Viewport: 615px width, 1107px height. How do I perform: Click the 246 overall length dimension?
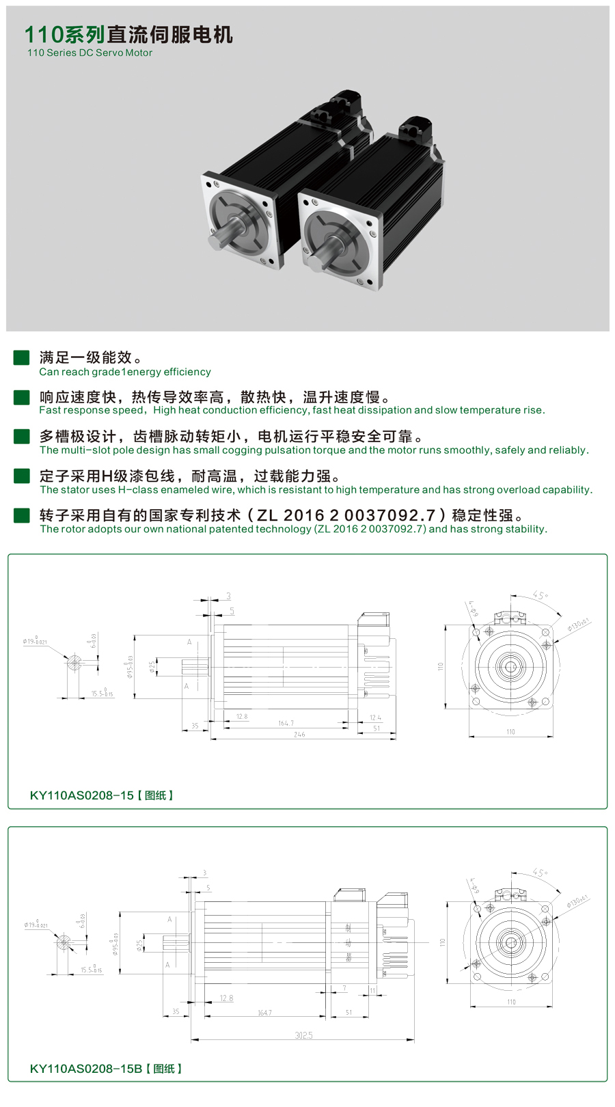299,735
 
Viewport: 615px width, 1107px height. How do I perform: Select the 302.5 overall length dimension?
303,1035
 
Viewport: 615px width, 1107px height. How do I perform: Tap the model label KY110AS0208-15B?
86,1069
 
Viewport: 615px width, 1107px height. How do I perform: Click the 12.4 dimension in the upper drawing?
375,717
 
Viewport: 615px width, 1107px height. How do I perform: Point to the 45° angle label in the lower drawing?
540,873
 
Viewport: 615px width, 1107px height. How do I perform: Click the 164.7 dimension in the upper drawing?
286,723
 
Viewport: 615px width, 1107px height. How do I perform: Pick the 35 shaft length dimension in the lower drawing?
176,1011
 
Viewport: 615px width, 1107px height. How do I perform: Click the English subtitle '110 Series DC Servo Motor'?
90,53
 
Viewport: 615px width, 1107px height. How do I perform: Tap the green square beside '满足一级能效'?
21,357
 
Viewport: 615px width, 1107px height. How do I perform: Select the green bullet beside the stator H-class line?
21,476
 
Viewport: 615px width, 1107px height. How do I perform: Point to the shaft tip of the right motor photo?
312,263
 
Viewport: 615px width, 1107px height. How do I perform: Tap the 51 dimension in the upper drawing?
377,728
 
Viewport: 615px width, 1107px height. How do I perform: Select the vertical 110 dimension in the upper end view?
441,666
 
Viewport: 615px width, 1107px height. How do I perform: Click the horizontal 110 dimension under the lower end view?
511,1002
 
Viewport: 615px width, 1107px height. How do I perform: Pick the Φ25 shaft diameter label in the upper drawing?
152,666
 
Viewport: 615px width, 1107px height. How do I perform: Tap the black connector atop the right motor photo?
416,127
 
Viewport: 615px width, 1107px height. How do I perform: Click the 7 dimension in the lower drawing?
344,988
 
